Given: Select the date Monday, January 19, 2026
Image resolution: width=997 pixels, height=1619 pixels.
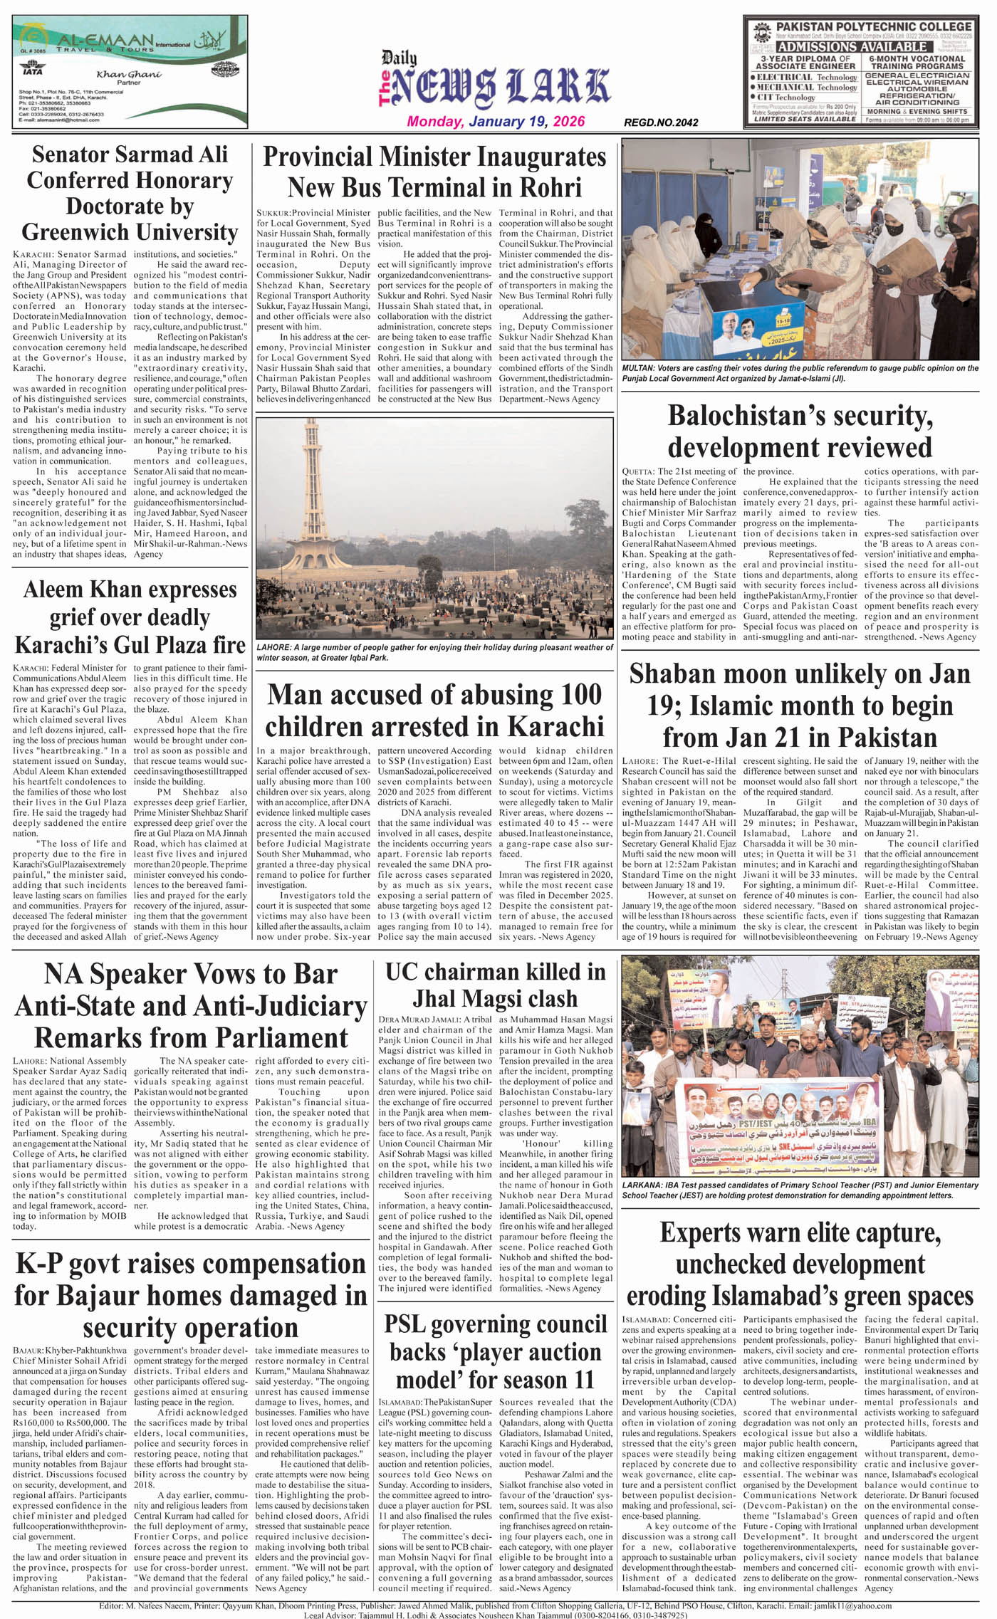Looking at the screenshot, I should click(x=496, y=121).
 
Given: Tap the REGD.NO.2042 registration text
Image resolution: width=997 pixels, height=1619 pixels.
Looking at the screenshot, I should click(x=661, y=122).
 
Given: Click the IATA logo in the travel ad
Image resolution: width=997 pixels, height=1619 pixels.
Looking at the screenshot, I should click(x=33, y=70).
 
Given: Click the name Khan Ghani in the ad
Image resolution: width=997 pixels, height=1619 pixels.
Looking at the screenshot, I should click(x=129, y=75).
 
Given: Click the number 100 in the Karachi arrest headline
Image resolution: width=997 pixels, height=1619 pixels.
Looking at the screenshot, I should click(x=570, y=695).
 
